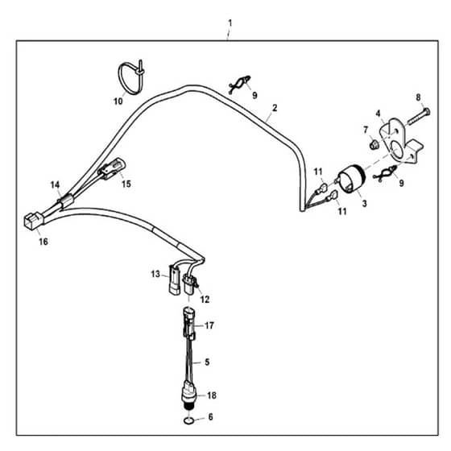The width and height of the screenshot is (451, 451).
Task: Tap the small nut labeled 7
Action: [374, 144]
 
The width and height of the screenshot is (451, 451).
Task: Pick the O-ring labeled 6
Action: [188, 420]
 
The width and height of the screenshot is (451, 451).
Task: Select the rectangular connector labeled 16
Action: [33, 221]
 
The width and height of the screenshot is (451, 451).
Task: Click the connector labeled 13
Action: [175, 279]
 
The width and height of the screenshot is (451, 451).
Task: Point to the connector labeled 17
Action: [189, 324]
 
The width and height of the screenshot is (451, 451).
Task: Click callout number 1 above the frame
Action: [230, 23]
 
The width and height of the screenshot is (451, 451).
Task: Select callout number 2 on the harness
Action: [275, 108]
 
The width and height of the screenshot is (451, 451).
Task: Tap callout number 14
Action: [55, 184]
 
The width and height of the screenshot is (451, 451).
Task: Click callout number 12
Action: [205, 300]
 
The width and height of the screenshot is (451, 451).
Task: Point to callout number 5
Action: [207, 362]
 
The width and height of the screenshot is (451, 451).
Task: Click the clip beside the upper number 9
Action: [240, 85]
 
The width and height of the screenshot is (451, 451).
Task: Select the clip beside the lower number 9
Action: [385, 173]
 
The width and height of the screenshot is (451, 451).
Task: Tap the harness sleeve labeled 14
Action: [65, 200]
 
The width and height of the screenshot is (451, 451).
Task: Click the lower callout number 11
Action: [342, 211]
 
